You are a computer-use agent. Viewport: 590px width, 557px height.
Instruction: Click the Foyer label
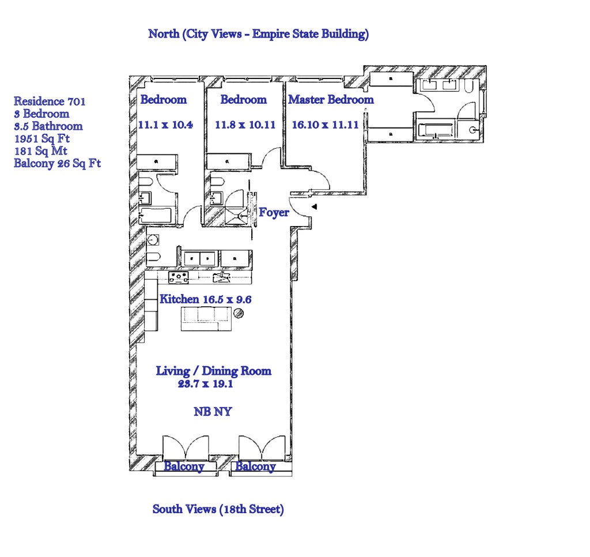[x=274, y=213]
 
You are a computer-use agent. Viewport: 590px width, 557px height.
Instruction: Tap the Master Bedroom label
[x=331, y=100]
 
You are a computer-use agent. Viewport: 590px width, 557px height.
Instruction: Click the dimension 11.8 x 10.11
[x=244, y=125]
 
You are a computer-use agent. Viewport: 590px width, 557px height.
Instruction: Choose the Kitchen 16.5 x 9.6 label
[x=205, y=299]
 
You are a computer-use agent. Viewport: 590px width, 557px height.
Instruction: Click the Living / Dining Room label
[x=213, y=371]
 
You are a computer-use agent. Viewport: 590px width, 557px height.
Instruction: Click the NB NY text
[x=213, y=412]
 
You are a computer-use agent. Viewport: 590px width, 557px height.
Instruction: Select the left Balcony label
[x=184, y=466]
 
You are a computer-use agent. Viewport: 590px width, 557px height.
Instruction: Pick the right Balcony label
[x=255, y=466]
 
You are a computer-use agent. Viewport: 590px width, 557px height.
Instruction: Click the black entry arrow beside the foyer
[x=314, y=206]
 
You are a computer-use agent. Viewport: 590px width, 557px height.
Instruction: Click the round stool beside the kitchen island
[x=238, y=314]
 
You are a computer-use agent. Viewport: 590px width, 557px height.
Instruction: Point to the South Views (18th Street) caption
[x=218, y=509]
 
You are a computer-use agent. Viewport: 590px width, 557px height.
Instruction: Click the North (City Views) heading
[x=258, y=34]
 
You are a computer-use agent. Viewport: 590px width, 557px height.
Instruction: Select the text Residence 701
[x=50, y=101]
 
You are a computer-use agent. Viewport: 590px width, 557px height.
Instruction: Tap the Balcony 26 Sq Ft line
[x=57, y=163]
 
